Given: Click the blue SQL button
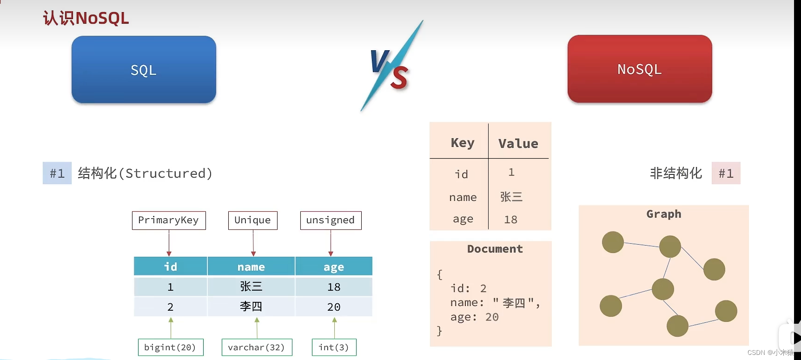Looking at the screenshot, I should (x=144, y=70).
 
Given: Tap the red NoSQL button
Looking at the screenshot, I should (x=640, y=69).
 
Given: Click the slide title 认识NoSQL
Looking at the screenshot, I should (x=86, y=18).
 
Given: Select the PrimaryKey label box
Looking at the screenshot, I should (x=169, y=220).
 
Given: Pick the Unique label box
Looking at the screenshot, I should (x=252, y=220).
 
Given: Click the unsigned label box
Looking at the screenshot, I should (x=331, y=220).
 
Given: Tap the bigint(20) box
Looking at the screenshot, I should (x=170, y=347).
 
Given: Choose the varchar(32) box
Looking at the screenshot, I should (x=257, y=347).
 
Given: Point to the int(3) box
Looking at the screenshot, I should (x=334, y=347).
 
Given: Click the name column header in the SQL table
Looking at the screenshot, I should (x=251, y=267).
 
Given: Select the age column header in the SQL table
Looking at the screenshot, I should (x=334, y=267).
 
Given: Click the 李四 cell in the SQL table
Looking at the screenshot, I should (x=251, y=307).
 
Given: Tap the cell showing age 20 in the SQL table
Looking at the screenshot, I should (x=334, y=307).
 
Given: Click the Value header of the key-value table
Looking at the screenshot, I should (x=518, y=143).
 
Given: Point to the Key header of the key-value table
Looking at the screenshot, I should (x=463, y=143).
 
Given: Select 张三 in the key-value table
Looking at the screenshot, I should (x=511, y=197).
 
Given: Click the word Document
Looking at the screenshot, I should (x=495, y=249).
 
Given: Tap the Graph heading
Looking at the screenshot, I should (x=664, y=214).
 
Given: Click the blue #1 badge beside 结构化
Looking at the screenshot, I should (x=57, y=173).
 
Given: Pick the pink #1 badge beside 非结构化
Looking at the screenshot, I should (x=726, y=173).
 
